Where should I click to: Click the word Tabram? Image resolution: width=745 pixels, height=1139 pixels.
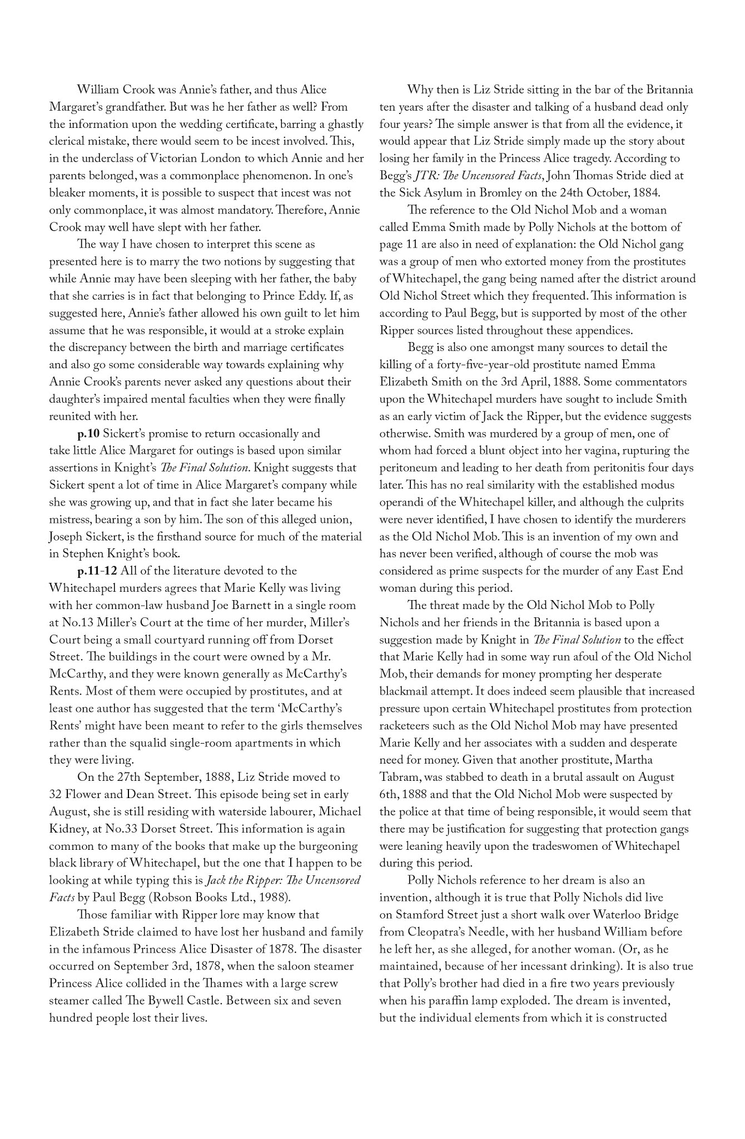click(x=398, y=777)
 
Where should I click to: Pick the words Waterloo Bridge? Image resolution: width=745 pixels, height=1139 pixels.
click(x=636, y=914)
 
